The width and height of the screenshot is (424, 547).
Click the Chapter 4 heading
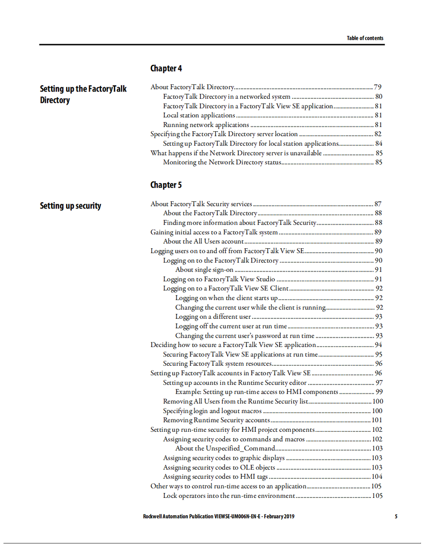pyautogui.click(x=166, y=68)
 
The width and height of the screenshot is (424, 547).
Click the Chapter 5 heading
pyautogui.click(x=166, y=185)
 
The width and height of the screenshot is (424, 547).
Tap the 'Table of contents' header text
pyautogui.click(x=365, y=38)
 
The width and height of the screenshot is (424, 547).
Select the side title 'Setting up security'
pyautogui.click(x=71, y=206)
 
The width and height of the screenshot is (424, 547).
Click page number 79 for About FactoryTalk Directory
pyautogui.click(x=378, y=87)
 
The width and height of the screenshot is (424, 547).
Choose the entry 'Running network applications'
pyautogui.click(x=206, y=125)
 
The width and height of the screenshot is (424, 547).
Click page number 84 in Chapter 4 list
pyautogui.click(x=378, y=143)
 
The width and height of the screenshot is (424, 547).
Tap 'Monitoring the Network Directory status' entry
pyautogui.click(x=222, y=162)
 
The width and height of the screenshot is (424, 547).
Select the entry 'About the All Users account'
pyautogui.click(x=203, y=242)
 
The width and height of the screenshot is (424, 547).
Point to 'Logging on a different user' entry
pyautogui.click(x=213, y=317)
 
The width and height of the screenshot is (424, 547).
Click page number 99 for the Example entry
pyautogui.click(x=378, y=392)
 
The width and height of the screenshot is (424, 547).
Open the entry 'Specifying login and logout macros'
pyautogui.click(x=212, y=411)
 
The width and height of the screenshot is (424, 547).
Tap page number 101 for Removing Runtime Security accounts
pyautogui.click(x=377, y=420)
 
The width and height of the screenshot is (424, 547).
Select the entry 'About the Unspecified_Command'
pyautogui.click(x=225, y=448)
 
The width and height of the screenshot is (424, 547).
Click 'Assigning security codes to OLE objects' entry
pyautogui.click(x=219, y=467)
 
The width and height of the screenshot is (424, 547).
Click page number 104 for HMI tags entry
pyautogui.click(x=377, y=476)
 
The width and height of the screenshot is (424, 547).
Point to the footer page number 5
pyautogui.click(x=396, y=517)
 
